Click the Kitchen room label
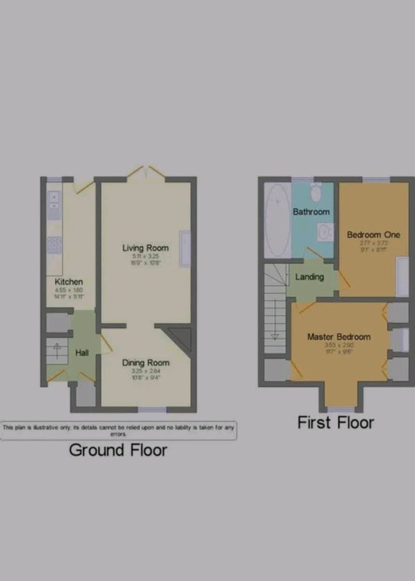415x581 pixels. click(69, 282)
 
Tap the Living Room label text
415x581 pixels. click(145, 248)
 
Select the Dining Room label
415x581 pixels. click(145, 363)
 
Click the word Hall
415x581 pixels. click(83, 353)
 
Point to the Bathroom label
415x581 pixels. click(311, 211)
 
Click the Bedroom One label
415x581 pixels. click(373, 234)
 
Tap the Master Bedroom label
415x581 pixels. click(338, 337)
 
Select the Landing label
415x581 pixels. click(309, 277)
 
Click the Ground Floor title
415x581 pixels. click(118, 450)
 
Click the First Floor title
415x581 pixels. click(336, 423)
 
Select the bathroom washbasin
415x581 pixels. click(325, 231)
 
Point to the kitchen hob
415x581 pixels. click(54, 245)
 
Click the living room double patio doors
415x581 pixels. click(145, 172)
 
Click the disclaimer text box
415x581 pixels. click(118, 430)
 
